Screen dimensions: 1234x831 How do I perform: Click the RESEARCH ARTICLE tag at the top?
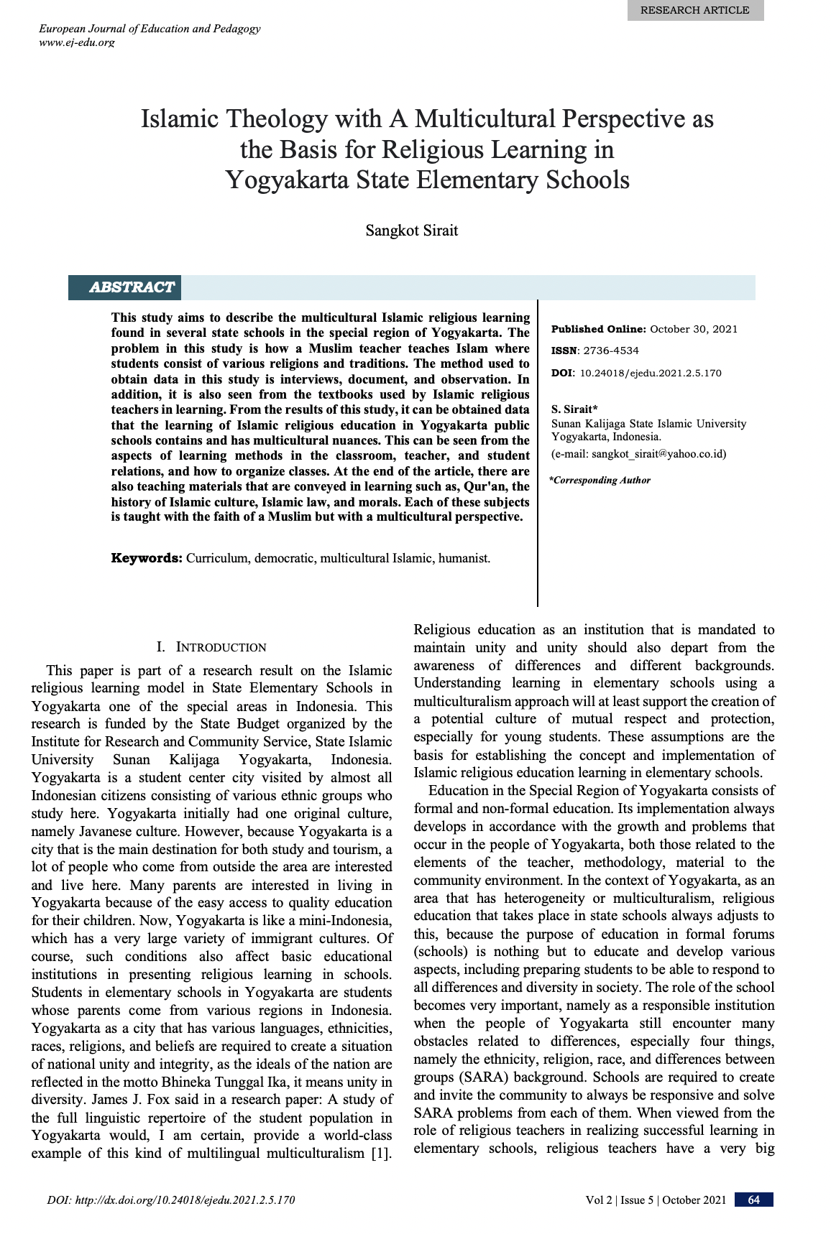(x=694, y=10)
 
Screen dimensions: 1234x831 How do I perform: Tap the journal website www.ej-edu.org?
(x=76, y=42)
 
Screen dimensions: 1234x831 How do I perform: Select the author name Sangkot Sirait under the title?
(x=411, y=231)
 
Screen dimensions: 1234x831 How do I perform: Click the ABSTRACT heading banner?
(x=132, y=287)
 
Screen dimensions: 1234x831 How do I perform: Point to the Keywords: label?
(x=147, y=558)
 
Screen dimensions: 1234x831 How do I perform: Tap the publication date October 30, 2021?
(x=694, y=329)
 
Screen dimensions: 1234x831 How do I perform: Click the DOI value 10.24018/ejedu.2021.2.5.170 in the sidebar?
(x=650, y=373)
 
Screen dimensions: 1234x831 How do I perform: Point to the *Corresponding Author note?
(x=600, y=480)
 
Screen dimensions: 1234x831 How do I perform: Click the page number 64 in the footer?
(x=754, y=1200)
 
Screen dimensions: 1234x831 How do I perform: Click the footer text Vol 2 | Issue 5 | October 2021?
(x=656, y=1200)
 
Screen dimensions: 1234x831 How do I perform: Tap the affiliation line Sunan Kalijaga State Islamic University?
(x=648, y=424)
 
